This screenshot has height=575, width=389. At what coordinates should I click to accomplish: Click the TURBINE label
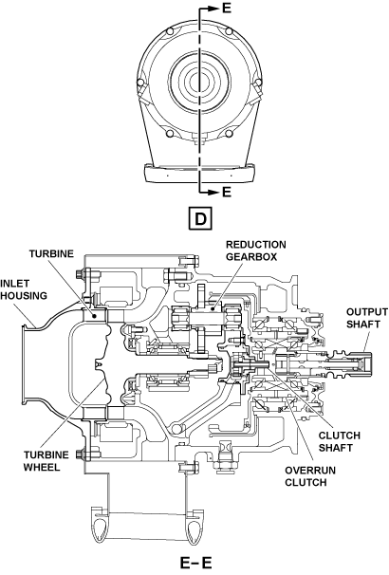pos(51,253)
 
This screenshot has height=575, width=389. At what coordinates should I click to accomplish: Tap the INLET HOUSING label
pos(24,289)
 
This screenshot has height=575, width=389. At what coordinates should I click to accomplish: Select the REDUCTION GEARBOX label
pos(255,250)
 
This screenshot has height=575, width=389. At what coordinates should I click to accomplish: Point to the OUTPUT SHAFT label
pos(367,318)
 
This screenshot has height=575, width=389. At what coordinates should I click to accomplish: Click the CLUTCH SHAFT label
pos(339,441)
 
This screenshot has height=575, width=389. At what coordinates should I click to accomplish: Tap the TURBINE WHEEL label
pos(46,461)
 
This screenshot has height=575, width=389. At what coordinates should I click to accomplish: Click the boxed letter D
pos(200,219)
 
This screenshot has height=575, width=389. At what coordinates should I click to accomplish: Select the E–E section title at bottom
pos(196,563)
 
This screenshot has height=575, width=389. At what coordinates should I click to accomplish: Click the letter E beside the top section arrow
pos(227,9)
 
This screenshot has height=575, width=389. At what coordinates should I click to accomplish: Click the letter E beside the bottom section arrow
pos(227,192)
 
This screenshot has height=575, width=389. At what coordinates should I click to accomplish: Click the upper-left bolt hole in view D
pos(169,31)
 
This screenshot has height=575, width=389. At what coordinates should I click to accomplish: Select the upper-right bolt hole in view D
pos(230,31)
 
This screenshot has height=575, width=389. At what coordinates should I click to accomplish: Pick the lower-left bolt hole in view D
pos(169,133)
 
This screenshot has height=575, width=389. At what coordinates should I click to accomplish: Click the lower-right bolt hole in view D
pos(230,133)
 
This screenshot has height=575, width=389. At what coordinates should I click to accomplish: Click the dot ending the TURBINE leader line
pos(95,315)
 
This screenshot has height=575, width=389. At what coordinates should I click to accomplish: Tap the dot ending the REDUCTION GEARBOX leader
pos(213,308)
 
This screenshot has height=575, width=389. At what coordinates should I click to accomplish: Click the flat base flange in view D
pos(199,173)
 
